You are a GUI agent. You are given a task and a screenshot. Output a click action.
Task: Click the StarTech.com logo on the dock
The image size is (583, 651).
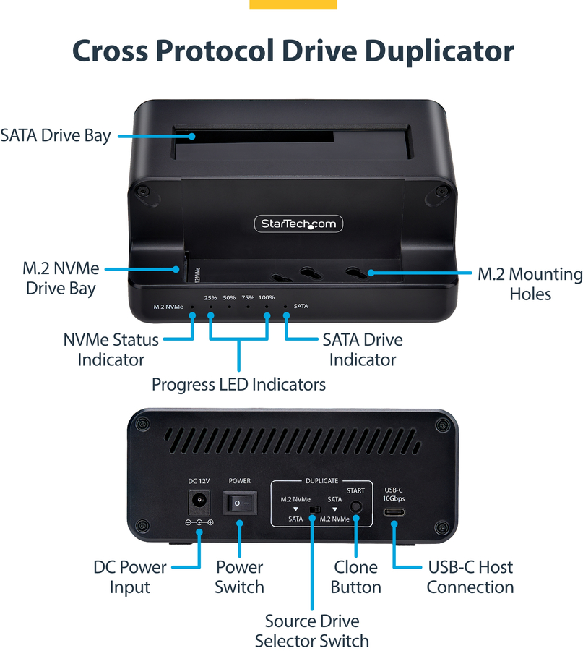coord(298,224)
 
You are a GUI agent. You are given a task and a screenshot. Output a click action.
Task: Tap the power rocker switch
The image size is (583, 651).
coord(240,503)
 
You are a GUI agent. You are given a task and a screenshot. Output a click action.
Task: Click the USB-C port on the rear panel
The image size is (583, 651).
coord(394,512)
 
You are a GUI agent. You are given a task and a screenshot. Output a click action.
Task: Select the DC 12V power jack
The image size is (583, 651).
coord(199,503)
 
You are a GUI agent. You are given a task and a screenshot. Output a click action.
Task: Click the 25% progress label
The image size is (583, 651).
coord(210,298)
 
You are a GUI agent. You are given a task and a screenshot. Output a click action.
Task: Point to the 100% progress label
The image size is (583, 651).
coord(267,298)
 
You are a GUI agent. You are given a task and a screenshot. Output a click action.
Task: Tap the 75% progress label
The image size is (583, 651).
coord(248,298)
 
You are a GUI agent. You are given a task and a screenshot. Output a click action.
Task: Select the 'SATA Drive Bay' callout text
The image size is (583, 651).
coord(56,136)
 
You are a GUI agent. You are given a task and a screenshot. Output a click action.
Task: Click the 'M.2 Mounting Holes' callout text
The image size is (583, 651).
coord(530,284)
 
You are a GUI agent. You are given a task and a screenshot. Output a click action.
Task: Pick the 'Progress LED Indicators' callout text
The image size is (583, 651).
coord(238,385)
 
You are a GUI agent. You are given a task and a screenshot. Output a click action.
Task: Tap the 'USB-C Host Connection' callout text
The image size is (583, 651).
coord(470,577)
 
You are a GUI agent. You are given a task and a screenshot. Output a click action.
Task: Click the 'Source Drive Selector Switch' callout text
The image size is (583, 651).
coord(312,631)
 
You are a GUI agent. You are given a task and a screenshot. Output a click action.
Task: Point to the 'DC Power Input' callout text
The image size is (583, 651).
coord(130,577)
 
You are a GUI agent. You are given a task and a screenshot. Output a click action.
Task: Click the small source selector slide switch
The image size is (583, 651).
coord(315,509)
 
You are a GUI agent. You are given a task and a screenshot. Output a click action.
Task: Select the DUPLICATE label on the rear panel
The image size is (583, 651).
coord(321,481)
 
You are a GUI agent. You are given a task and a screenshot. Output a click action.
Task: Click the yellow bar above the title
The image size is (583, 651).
coord(293,4)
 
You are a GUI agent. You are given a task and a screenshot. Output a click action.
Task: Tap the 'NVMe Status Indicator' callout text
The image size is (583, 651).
coord(111,349)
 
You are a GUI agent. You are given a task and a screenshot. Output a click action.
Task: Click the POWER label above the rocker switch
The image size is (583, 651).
coord(240,481)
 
